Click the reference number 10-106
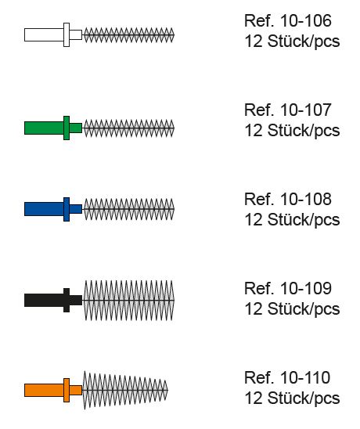point(306,20)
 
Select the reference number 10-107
point(306,110)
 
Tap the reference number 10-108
point(306,199)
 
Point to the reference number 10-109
point(306,288)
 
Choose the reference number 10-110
point(305,377)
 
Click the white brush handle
point(53,34)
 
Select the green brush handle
point(53,128)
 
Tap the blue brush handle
point(53,209)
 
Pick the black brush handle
point(53,300)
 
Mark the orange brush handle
point(53,390)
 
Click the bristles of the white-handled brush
point(128,35)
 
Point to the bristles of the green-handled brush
point(128,128)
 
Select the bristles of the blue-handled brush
point(128,209)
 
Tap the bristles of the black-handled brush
point(128,300)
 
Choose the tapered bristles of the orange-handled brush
point(125,390)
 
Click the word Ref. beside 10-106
point(259,20)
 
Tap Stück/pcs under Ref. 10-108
point(304,221)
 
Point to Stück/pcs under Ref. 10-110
point(304,399)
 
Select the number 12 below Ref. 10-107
point(254,131)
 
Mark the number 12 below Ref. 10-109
point(254,309)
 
